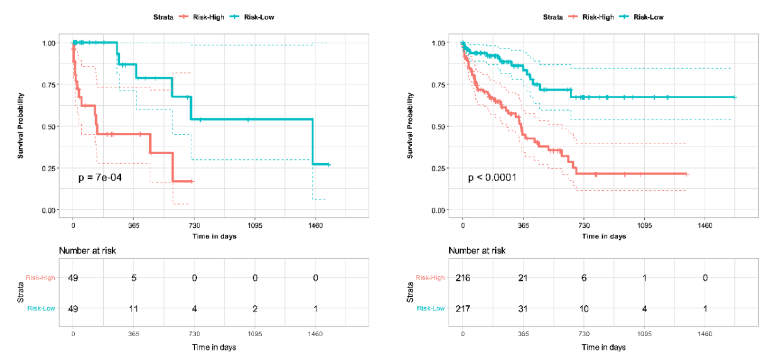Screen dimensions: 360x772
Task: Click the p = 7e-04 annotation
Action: (x=100, y=178)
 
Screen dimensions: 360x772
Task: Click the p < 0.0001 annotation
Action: (x=492, y=178)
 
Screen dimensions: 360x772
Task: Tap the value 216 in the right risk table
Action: (x=463, y=278)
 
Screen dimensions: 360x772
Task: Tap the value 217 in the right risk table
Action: (x=463, y=308)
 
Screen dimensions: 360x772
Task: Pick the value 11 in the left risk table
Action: (x=134, y=308)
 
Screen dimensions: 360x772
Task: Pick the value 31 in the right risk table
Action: (x=523, y=308)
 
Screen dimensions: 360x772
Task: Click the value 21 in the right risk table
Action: (x=523, y=278)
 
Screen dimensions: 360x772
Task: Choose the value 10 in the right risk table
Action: (x=584, y=308)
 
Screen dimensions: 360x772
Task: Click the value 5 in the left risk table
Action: (x=134, y=278)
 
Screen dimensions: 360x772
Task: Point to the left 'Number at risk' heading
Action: (x=87, y=250)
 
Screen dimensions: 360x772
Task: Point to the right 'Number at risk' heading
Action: (x=477, y=250)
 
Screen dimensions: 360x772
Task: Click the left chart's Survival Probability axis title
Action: (x=20, y=126)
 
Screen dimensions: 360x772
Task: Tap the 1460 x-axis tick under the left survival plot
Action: (x=315, y=225)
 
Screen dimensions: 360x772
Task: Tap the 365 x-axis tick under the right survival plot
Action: (x=523, y=225)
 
